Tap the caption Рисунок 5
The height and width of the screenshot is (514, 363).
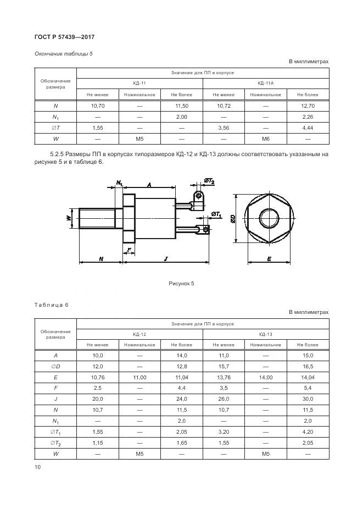181,284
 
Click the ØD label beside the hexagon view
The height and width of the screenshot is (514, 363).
233,218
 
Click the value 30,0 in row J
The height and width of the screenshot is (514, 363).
308,399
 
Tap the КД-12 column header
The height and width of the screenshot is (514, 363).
139,334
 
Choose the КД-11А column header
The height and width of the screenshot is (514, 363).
265,83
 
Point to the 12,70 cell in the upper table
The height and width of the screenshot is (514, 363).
308,105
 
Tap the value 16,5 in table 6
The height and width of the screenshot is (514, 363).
308,366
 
